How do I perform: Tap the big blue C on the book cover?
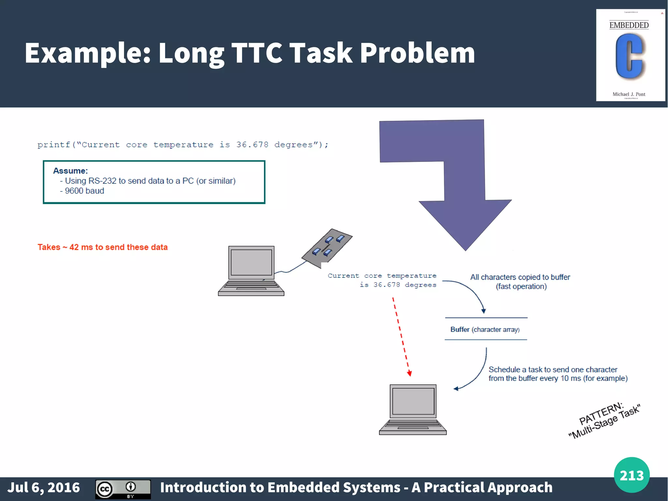point(629,57)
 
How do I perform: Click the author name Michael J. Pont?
point(629,94)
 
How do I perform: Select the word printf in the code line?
point(54,145)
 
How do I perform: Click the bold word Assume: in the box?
point(70,171)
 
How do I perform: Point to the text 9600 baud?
point(84,191)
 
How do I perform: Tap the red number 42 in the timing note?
point(74,247)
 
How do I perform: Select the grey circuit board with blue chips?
point(327,248)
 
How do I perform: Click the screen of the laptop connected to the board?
point(251,262)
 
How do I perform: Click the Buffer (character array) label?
point(485,330)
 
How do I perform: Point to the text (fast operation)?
point(521,287)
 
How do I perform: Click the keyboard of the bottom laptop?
point(413,426)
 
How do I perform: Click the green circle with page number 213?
point(631,475)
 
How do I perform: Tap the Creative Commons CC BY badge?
point(123,489)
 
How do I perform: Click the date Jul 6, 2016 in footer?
point(44,488)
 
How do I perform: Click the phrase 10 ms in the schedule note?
point(570,379)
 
